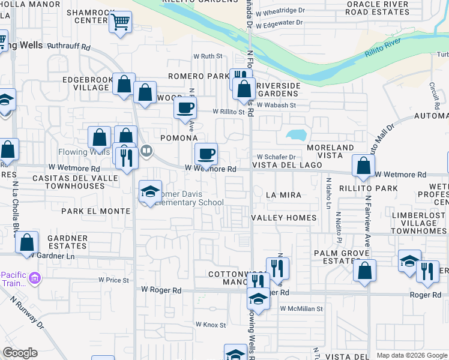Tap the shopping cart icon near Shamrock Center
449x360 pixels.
pyautogui.click(x=121, y=23)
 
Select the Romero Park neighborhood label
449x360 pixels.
pyautogui.click(x=198, y=76)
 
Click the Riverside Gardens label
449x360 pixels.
pyautogui.click(x=278, y=89)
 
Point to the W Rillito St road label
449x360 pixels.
pyautogui.click(x=229, y=112)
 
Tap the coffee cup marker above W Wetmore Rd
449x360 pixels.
pyautogui.click(x=206, y=154)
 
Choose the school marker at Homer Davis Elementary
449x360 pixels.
pyautogui.click(x=150, y=192)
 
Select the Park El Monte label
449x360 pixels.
pyautogui.click(x=96, y=211)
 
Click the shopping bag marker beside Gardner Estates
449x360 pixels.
pyautogui.click(x=27, y=243)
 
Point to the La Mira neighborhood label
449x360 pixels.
pyautogui.click(x=283, y=195)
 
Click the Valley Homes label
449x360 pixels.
pyautogui.click(x=283, y=217)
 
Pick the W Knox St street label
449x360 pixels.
pyautogui.click(x=209, y=325)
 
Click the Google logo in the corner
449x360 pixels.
pyautogui.click(x=20, y=353)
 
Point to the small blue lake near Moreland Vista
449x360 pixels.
pyautogui.click(x=296, y=136)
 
